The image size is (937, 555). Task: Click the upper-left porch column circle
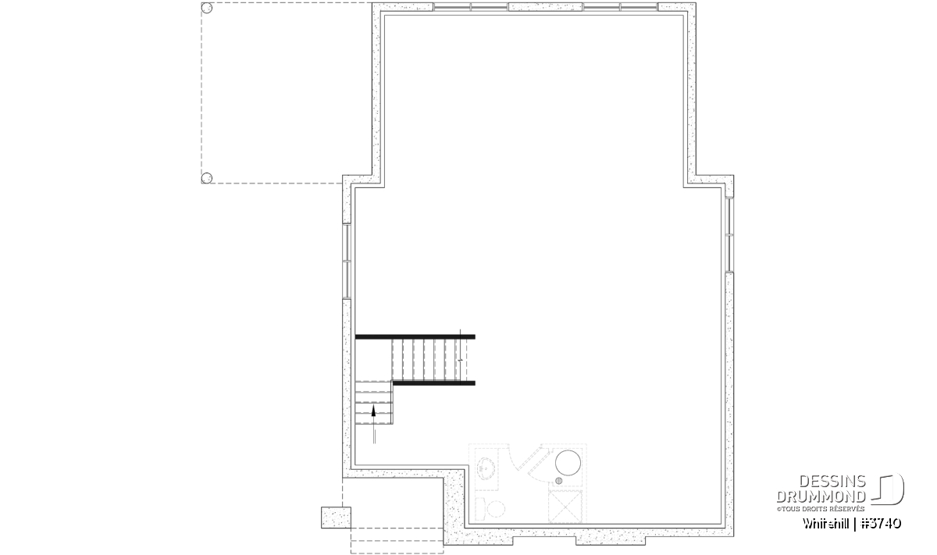[x=207, y=8]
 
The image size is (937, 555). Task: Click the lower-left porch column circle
[x=207, y=178]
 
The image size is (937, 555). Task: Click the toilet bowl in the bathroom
[x=496, y=509]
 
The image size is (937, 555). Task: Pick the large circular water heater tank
[x=568, y=463]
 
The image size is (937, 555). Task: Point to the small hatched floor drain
[x=558, y=481]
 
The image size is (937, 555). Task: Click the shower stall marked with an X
[x=565, y=507]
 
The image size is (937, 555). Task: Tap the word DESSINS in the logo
[x=832, y=482]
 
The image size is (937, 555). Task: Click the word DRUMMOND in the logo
[x=821, y=497]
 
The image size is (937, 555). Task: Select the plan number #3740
[x=881, y=524]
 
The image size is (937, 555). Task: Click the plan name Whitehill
[x=826, y=524]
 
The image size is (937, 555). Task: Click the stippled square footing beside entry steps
[x=336, y=518]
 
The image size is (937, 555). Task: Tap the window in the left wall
[x=347, y=261]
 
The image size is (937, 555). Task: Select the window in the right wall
[x=729, y=235]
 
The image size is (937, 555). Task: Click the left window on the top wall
[x=471, y=7]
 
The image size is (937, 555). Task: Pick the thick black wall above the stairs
[x=415, y=336]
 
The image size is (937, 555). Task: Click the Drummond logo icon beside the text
[x=887, y=489]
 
